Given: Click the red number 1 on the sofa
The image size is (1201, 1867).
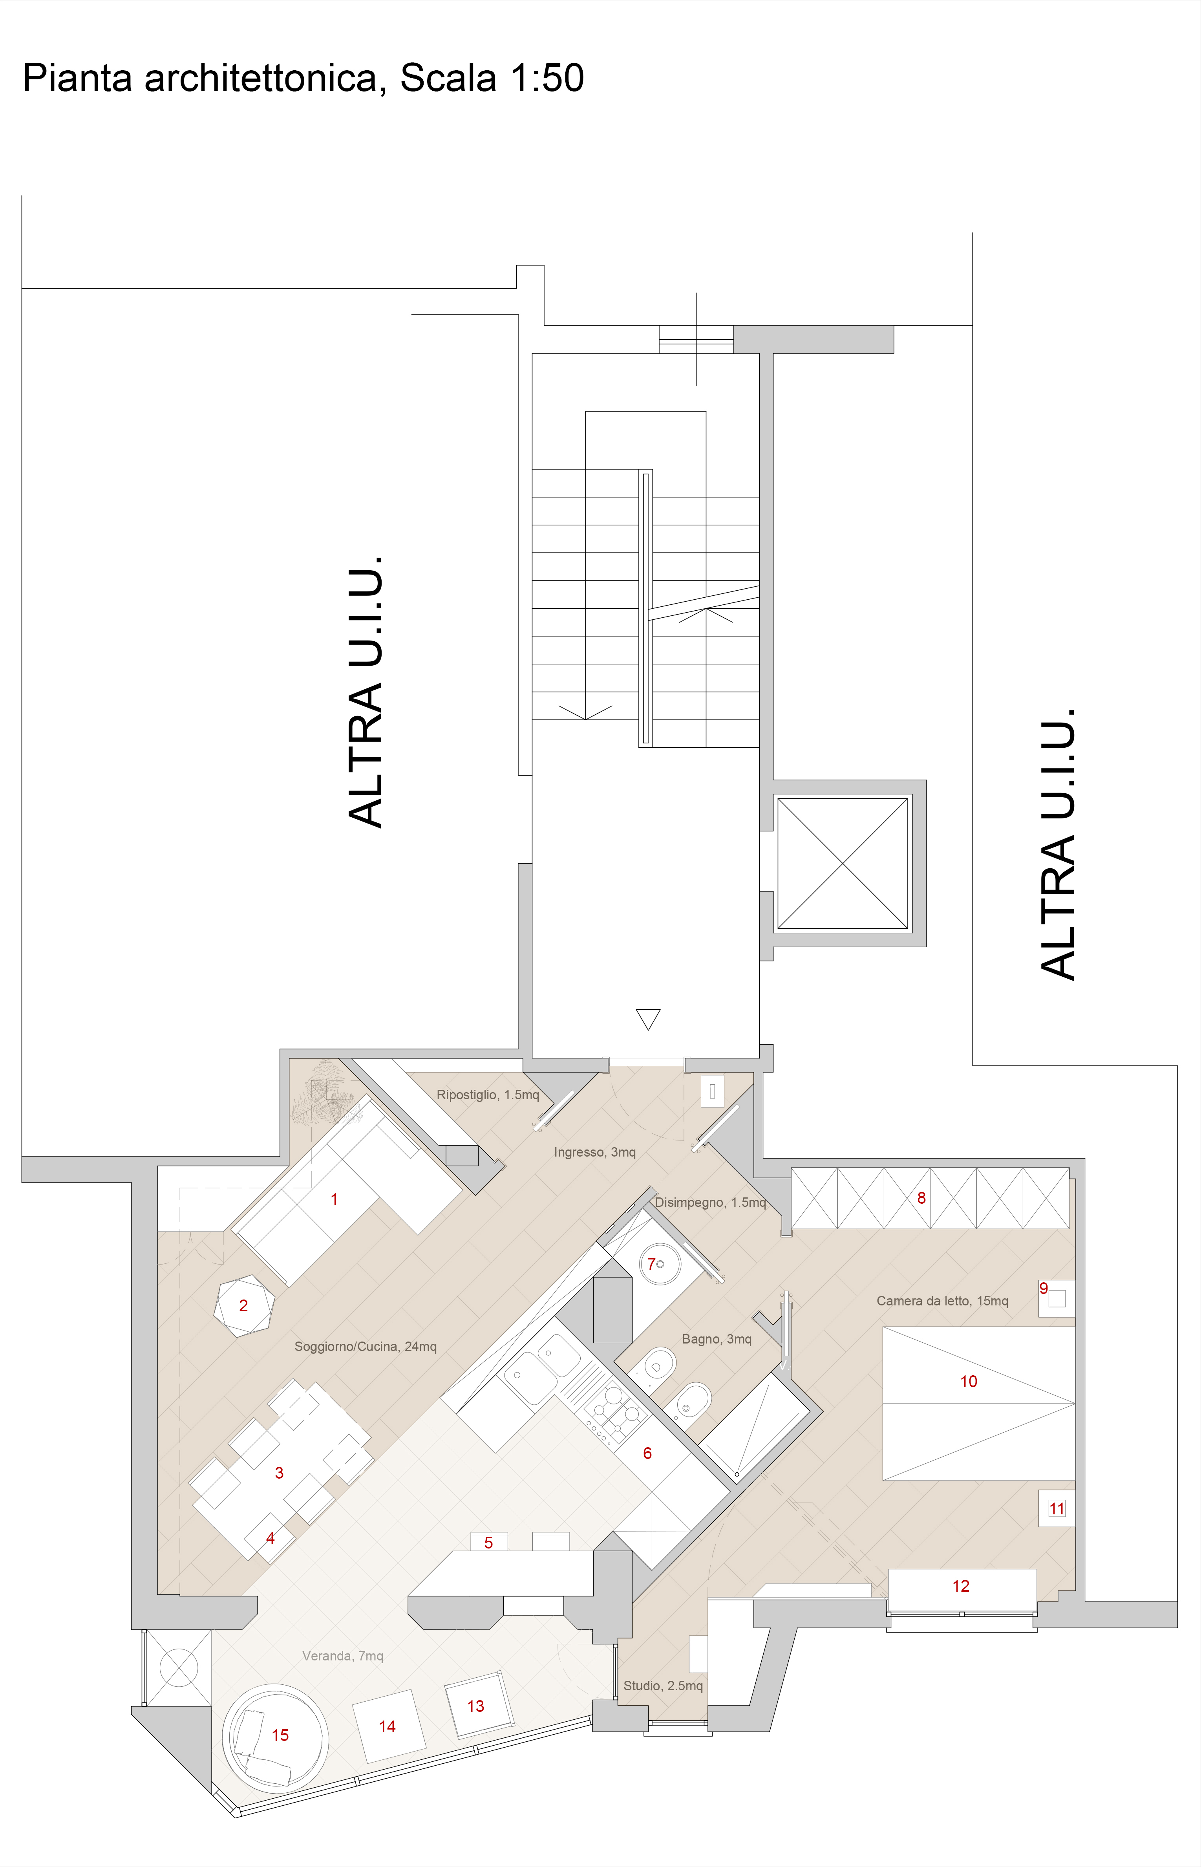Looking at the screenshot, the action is click(x=334, y=1199).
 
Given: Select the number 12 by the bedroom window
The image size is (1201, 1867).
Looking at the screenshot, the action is click(x=961, y=1586).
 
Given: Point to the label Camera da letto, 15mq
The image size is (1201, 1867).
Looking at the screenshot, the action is click(x=942, y=1301).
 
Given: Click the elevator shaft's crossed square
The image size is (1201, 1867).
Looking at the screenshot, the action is click(x=843, y=863).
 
